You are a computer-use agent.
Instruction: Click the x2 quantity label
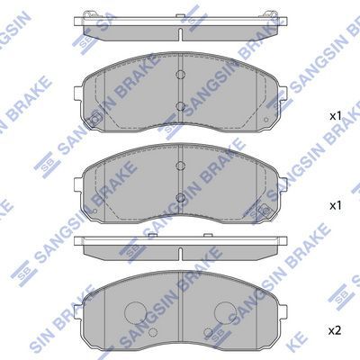pyautogui.click(x=335, y=331)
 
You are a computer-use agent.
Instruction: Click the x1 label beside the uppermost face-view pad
pyautogui.click(x=336, y=116)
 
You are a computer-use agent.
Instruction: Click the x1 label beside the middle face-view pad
pyautogui.click(x=336, y=206)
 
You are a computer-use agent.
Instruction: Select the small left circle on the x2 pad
pyautogui.click(x=153, y=332)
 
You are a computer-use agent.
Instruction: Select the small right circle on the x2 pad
pyautogui.click(x=208, y=332)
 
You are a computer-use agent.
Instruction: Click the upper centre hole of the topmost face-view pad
pyautogui.click(x=180, y=75)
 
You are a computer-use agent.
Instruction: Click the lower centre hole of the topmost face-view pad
pyautogui.click(x=180, y=106)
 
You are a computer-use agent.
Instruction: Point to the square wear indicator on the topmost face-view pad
pyautogui.click(x=95, y=120)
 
